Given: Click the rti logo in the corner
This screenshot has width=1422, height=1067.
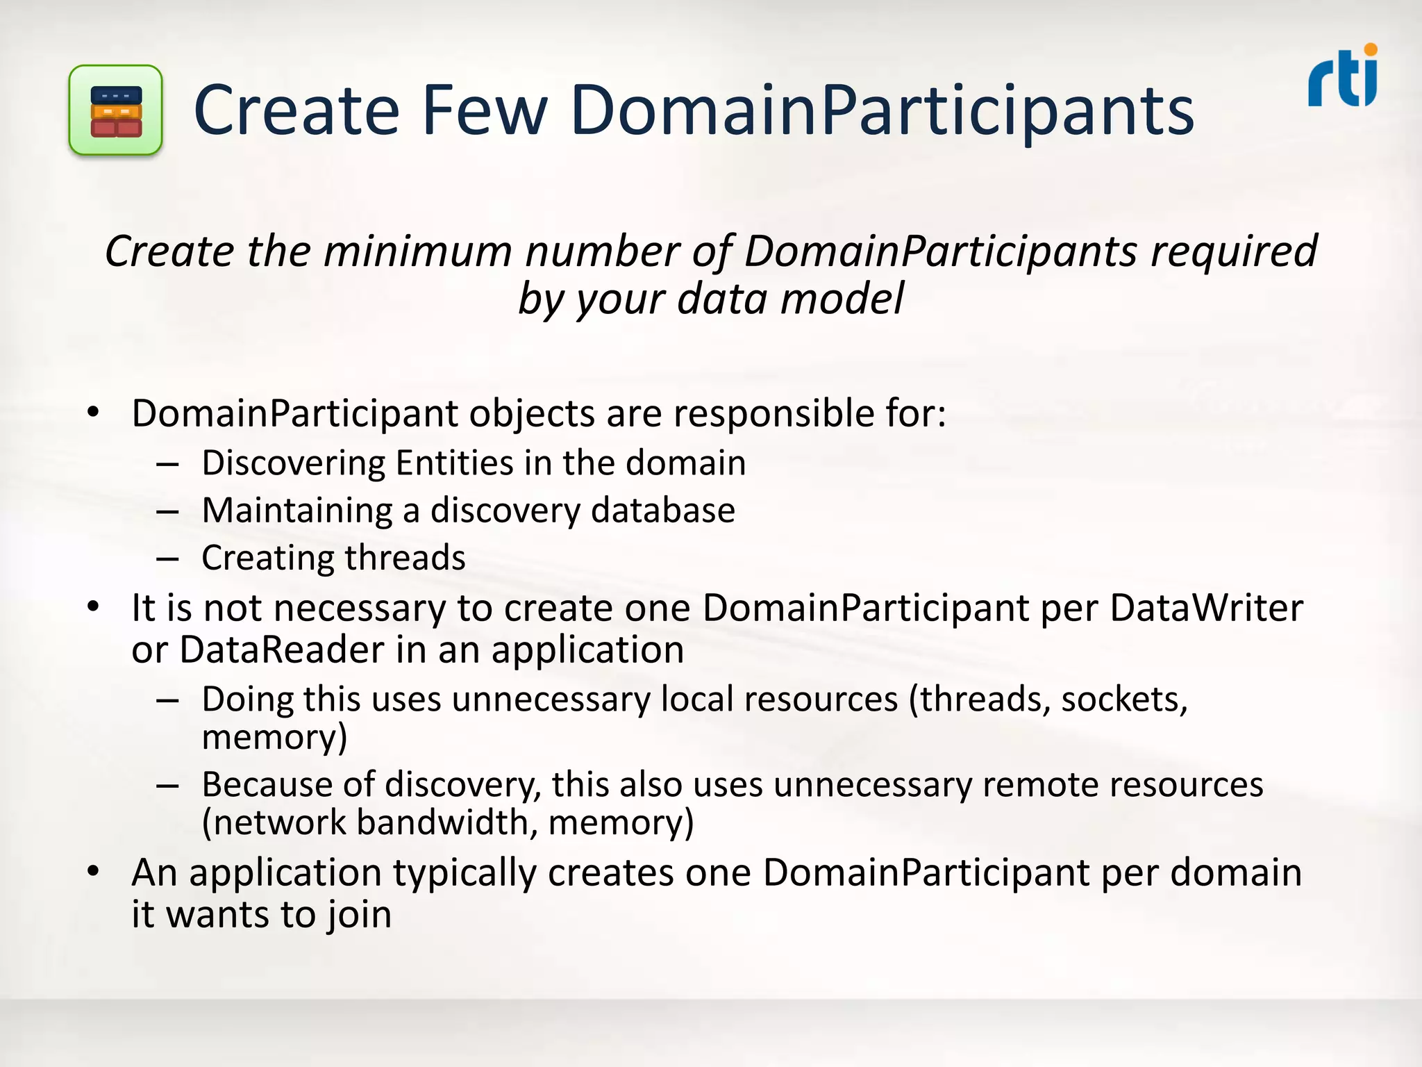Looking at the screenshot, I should click(1342, 78).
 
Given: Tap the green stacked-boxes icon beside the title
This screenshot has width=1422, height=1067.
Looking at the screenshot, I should click(116, 110).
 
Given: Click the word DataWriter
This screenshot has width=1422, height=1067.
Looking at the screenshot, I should click(1206, 608).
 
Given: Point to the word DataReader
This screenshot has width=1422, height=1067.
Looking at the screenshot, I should click(282, 650).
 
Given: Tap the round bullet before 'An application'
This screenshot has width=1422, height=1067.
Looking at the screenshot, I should click(94, 870).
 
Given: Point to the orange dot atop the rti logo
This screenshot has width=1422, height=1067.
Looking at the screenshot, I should click(1370, 49).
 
